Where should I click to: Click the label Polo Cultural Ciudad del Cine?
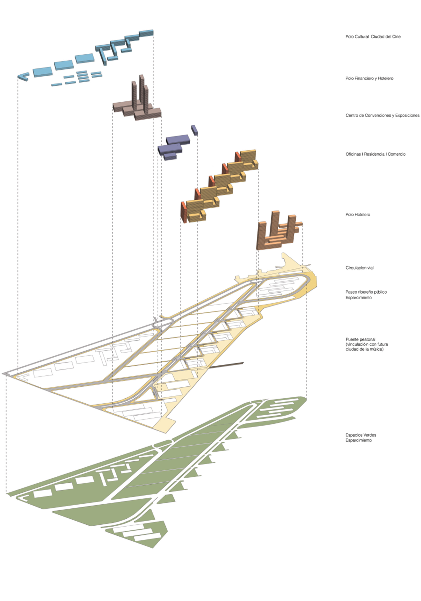pos(373,37)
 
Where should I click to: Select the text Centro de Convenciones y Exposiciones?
pos(382,115)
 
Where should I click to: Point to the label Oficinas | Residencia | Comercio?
pos(375,154)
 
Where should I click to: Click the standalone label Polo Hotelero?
pos(357,214)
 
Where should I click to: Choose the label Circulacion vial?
pos(359,268)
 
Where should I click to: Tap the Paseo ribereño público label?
pos(366,292)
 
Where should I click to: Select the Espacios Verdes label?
pos(360,435)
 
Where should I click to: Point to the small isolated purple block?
pos(194,130)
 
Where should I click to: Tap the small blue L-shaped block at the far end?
pos(23,76)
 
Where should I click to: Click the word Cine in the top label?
pos(396,37)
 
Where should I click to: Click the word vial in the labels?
pos(370,268)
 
